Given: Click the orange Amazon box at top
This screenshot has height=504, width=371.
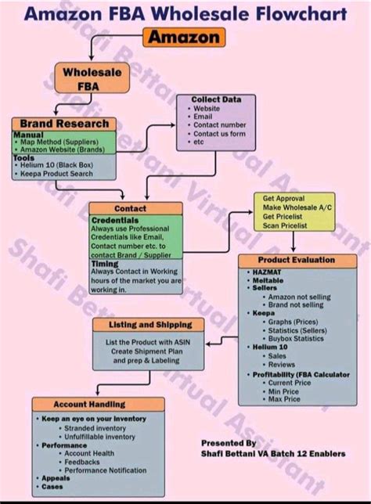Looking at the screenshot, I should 185,37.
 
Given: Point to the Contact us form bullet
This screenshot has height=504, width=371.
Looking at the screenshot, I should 220,133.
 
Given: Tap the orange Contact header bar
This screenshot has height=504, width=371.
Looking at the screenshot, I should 130,208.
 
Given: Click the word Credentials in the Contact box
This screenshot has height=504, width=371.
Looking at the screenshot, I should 115,221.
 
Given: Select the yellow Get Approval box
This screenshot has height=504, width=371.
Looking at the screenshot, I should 293,211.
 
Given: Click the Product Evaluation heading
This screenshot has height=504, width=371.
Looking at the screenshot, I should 296,260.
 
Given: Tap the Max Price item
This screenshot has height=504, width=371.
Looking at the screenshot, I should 285,398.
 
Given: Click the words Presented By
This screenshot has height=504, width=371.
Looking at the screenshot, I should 229,443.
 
